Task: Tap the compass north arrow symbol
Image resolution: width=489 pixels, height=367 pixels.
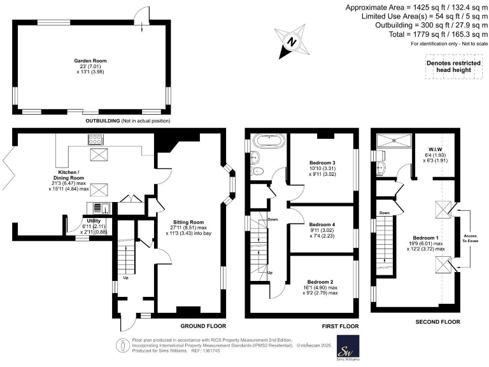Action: (292, 43)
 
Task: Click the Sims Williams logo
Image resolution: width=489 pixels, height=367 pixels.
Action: (348, 349)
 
